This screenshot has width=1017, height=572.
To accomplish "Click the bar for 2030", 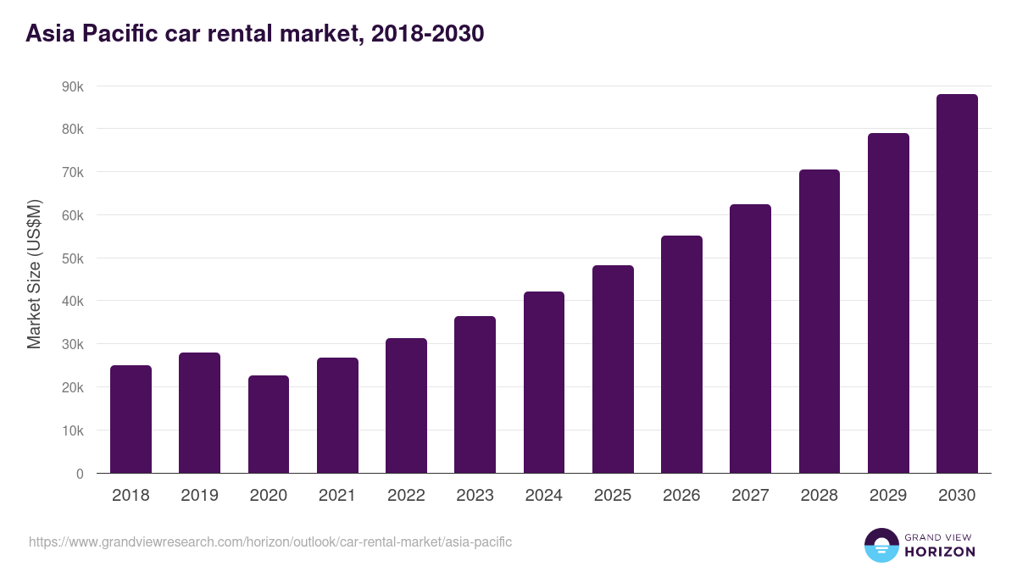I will point(957,284).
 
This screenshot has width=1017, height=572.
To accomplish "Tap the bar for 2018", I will point(131,419).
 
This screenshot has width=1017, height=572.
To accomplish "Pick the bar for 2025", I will point(613,369).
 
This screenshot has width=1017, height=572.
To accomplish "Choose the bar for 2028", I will point(819,321).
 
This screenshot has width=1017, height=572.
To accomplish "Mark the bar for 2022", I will point(406,406).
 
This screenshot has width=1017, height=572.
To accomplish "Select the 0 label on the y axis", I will point(80,474).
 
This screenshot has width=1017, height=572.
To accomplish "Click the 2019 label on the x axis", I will point(199,496).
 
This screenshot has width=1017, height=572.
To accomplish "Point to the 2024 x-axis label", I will point(543,496).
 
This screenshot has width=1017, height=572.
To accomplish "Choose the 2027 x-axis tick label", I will point(750,496).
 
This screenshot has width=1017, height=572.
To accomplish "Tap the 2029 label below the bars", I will point(887,496).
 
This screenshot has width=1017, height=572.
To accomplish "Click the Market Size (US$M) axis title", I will point(34,274).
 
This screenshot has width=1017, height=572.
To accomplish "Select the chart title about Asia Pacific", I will point(254,34).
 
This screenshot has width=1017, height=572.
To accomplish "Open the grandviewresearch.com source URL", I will point(270,541).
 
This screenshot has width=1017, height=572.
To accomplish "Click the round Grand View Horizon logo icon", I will point(881,545).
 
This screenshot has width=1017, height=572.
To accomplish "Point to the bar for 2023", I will point(475,394).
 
